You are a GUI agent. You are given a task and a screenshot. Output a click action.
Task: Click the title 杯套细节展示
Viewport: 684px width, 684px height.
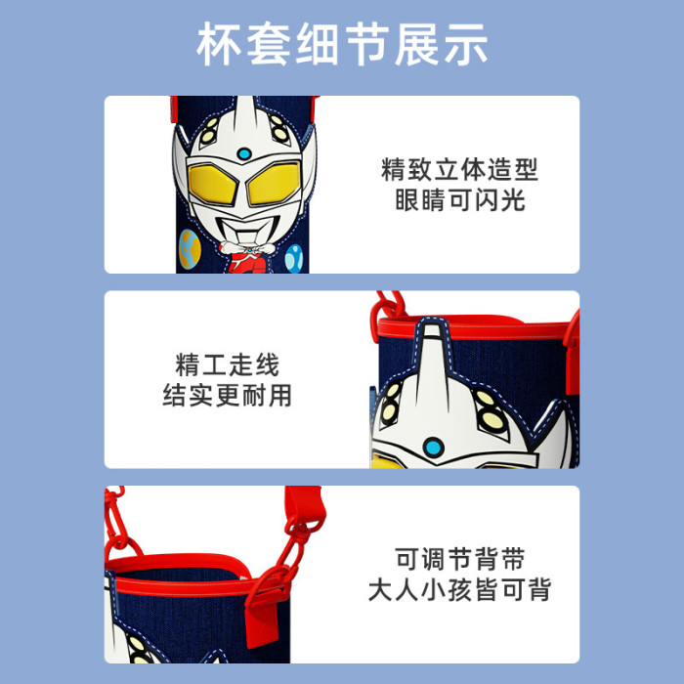pyautogui.click(x=342, y=44)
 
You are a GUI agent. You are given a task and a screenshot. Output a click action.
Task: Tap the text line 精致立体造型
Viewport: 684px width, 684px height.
pyautogui.click(x=460, y=169)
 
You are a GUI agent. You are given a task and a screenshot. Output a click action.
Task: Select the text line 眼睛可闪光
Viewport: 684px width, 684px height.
pyautogui.click(x=460, y=200)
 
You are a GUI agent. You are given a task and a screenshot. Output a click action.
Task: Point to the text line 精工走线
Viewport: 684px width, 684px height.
pyautogui.click(x=227, y=364)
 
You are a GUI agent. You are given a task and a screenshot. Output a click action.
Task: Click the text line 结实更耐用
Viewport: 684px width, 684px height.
pyautogui.click(x=227, y=395)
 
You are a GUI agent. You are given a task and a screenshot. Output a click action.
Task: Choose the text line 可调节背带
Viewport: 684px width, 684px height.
pyautogui.click(x=460, y=559)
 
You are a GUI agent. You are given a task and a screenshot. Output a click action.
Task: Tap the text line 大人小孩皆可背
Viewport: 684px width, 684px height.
pyautogui.click(x=460, y=590)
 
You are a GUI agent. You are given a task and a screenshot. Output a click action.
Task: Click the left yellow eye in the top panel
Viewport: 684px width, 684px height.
pyautogui.click(x=212, y=185)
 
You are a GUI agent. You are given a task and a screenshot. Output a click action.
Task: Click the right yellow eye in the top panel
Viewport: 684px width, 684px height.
pyautogui.click(x=274, y=184)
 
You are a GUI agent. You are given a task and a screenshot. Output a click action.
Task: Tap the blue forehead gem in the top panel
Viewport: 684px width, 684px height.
pyautogui.click(x=244, y=153)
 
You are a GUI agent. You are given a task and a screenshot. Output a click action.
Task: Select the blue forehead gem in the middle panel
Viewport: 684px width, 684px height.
pyautogui.click(x=434, y=448)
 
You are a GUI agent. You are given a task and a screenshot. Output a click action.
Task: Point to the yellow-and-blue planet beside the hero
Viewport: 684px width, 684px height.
pyautogui.click(x=190, y=249)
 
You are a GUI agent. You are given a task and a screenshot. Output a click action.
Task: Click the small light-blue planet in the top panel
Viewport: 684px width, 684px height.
pyautogui.click(x=294, y=258)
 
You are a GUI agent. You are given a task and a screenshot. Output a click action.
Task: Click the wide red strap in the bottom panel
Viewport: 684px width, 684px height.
pyautogui.click(x=305, y=507)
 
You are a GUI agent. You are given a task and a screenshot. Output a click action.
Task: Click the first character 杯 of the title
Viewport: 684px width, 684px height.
pyautogui.click(x=218, y=44)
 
